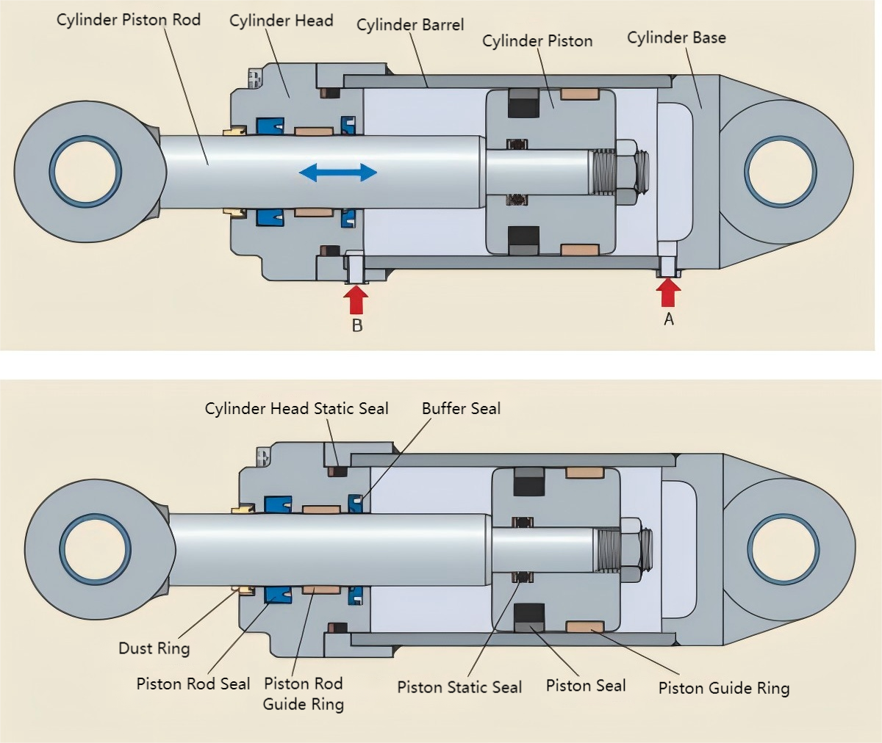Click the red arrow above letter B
[x=356, y=300]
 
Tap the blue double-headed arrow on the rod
[x=338, y=173]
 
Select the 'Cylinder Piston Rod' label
[x=129, y=20]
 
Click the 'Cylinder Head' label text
[x=282, y=21]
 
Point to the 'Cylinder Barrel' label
[x=410, y=25]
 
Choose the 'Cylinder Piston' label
[x=537, y=41]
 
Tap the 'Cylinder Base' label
[x=676, y=37]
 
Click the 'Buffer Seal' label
[x=462, y=408]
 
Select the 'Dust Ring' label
[x=154, y=648]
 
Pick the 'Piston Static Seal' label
[x=459, y=687]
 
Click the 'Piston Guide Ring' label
[x=724, y=688]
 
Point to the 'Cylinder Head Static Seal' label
[x=296, y=408]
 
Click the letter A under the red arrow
[x=669, y=319]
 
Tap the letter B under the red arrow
[x=357, y=325]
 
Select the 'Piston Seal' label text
[x=586, y=686]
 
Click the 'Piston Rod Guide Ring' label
[x=304, y=694]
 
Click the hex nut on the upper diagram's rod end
[x=627, y=173]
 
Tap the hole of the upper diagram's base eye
[x=780, y=172]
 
